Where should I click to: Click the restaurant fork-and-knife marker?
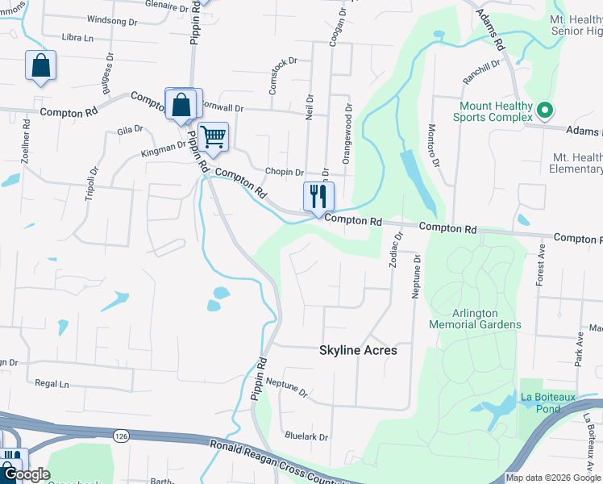[x=318, y=196]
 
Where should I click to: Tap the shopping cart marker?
[x=213, y=137]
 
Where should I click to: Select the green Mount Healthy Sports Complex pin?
[x=545, y=111]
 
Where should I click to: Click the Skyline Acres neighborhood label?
[x=358, y=351]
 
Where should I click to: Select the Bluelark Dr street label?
[x=306, y=437]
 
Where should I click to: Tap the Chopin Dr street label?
[x=284, y=173]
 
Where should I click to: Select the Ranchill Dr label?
[x=481, y=73]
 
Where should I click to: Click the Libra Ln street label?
[x=77, y=38]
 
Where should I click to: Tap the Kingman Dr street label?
[x=162, y=148]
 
